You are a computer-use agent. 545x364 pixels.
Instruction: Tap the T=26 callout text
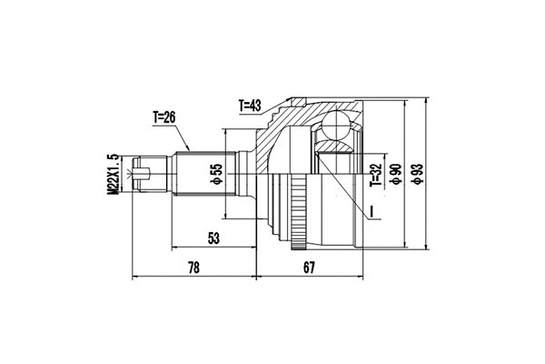(169, 116)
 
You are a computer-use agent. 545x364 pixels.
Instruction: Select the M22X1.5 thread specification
(114, 172)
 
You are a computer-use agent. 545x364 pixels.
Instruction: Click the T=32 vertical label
(375, 172)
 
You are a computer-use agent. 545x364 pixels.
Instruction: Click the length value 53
(214, 238)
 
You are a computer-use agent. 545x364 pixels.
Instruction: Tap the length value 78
(193, 268)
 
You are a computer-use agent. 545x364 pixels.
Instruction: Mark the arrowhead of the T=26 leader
(187, 147)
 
